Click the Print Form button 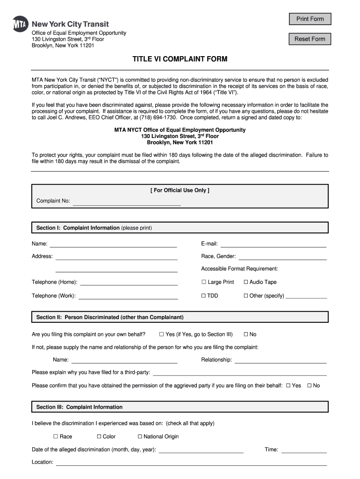pos(310,19)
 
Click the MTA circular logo pos(20,24)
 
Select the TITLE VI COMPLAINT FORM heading pos(180,59)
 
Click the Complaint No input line pos(126,202)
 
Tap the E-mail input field pos(273,244)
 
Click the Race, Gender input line pos(282,256)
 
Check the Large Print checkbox pos(204,282)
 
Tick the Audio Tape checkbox pos(246,282)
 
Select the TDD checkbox pos(204,296)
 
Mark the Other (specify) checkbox pos(246,296)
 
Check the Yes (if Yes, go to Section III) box pos(161,334)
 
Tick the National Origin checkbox pos(140,436)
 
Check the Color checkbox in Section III pos(99,436)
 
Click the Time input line pos(304,450)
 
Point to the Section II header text pos(110,317)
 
